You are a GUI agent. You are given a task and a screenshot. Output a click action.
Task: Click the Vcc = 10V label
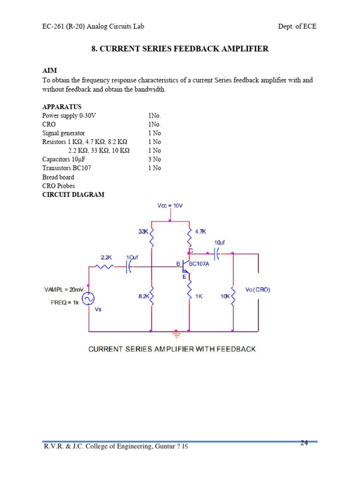click(170, 206)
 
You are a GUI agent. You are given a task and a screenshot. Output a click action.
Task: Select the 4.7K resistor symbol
click(189, 239)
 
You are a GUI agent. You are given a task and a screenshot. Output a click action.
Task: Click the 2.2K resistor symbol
click(105, 267)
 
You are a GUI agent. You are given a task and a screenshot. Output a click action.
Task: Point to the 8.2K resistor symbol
click(152, 296)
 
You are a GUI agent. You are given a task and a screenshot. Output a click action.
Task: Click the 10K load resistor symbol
click(233, 296)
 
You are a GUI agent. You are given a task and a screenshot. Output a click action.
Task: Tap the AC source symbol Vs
click(88, 298)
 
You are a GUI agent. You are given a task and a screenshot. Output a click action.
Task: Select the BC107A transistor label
click(200, 264)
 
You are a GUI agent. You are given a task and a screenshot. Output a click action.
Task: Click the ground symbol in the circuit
click(177, 334)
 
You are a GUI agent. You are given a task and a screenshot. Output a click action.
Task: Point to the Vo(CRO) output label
click(258, 290)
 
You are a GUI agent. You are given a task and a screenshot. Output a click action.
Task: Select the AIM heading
click(49, 70)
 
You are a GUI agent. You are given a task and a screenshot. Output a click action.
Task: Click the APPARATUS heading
click(62, 106)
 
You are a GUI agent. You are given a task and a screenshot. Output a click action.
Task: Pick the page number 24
click(304, 442)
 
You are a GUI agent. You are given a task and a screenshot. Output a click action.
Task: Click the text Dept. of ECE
click(297, 26)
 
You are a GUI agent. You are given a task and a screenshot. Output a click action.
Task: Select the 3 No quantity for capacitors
click(154, 159)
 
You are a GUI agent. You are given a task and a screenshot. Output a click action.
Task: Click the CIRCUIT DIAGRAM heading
click(73, 195)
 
